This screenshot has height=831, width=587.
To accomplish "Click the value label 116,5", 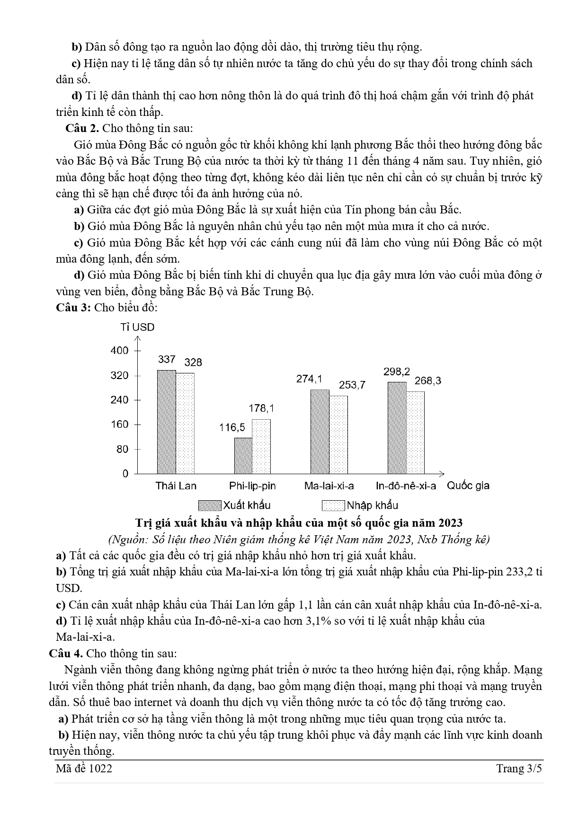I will tap(232, 427).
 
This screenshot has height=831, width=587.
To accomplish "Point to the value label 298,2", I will tap(397, 371).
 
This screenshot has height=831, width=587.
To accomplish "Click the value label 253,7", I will tap(352, 385).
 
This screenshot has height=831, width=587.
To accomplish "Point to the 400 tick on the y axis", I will tap(119, 351).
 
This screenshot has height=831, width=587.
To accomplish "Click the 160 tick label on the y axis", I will tap(119, 424).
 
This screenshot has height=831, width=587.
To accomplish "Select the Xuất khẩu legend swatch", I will tap(210, 505).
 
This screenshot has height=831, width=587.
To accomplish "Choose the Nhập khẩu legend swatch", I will tap(333, 505).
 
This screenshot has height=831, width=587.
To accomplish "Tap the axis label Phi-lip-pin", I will tap(252, 486).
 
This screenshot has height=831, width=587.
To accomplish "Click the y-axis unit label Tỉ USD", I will tap(137, 327).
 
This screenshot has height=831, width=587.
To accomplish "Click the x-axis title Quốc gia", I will tap(468, 486).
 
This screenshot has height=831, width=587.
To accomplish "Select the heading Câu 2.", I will tap(82, 128).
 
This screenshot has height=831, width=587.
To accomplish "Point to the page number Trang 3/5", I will tap(519, 769).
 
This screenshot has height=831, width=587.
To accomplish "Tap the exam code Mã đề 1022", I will tap(84, 769).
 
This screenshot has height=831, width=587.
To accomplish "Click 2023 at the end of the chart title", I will tap(450, 523).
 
